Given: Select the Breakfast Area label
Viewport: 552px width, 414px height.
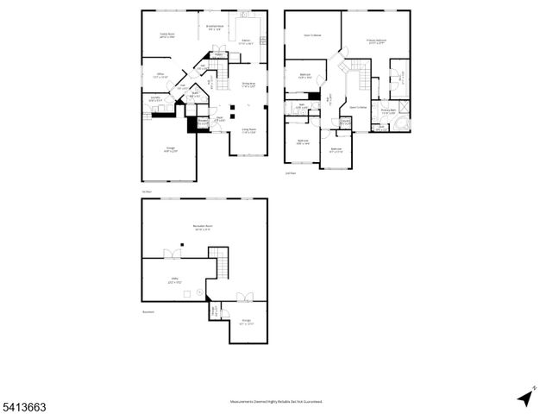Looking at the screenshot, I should [216, 28].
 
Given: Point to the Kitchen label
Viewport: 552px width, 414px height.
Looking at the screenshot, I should [246, 41].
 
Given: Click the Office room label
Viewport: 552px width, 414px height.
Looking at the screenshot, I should [160, 76].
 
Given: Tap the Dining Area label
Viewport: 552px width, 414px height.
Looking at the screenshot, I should [248, 84].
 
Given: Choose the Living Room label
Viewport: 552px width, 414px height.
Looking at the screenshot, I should [250, 131].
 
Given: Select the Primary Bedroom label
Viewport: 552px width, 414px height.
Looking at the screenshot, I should [376, 41].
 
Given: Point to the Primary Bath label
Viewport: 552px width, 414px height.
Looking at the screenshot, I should [388, 110].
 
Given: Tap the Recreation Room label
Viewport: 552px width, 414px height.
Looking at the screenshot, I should [204, 228].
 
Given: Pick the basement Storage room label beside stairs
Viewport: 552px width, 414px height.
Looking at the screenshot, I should [247, 322].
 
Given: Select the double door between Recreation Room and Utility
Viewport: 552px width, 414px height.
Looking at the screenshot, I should [174, 254].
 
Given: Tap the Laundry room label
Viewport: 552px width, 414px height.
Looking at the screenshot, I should [154, 100].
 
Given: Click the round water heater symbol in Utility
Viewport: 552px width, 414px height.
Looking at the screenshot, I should [200, 292].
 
